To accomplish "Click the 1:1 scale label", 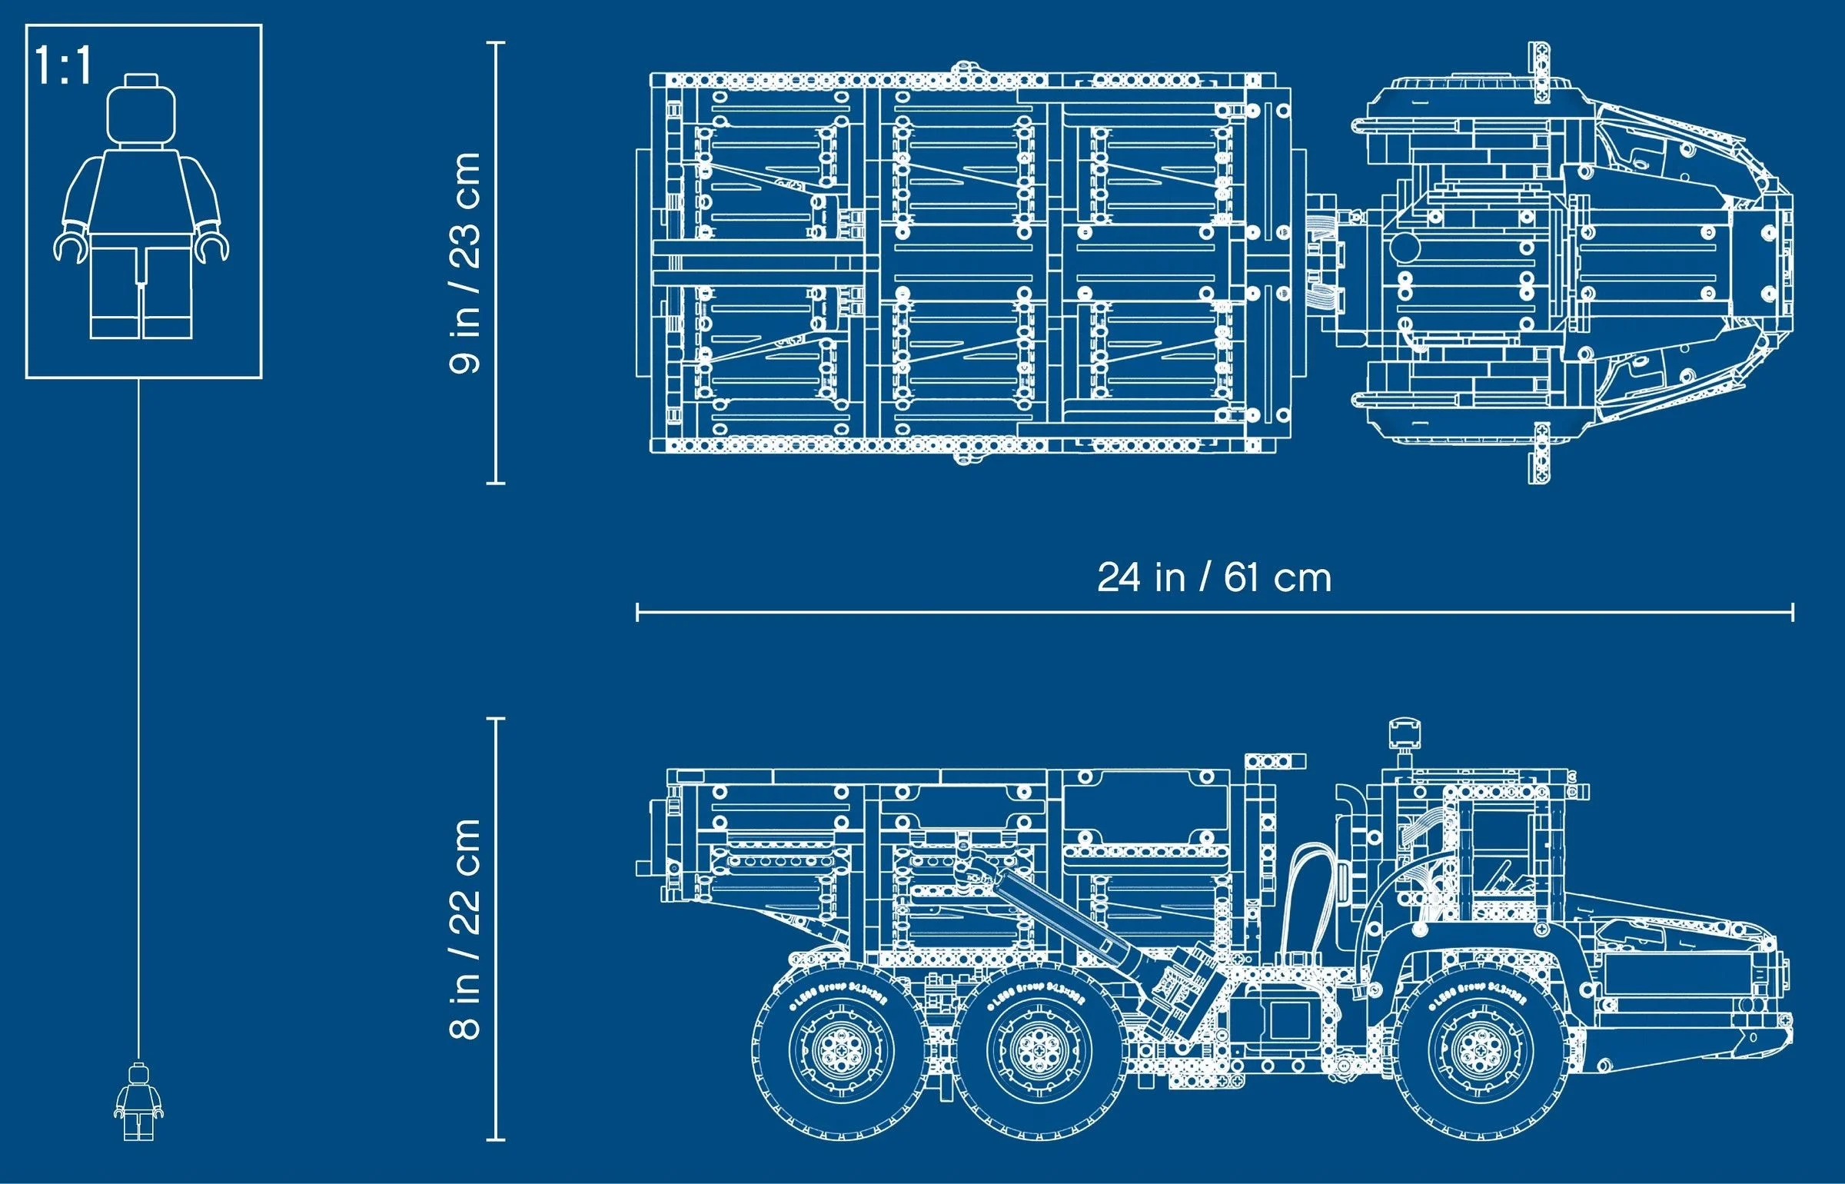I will coord(63,66).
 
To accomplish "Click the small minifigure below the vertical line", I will coord(138,1102).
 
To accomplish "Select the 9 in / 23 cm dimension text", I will coord(465,263).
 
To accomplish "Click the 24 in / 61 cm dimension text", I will coord(1214,578).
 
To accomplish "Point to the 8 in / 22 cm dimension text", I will coord(465,929).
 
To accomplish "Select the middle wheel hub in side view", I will coord(1039,1050).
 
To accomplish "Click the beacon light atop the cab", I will coord(1404,733).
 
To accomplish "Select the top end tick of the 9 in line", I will coord(496,43).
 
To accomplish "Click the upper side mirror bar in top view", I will coord(1538,73).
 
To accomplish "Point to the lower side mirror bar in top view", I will coord(1538,454).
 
